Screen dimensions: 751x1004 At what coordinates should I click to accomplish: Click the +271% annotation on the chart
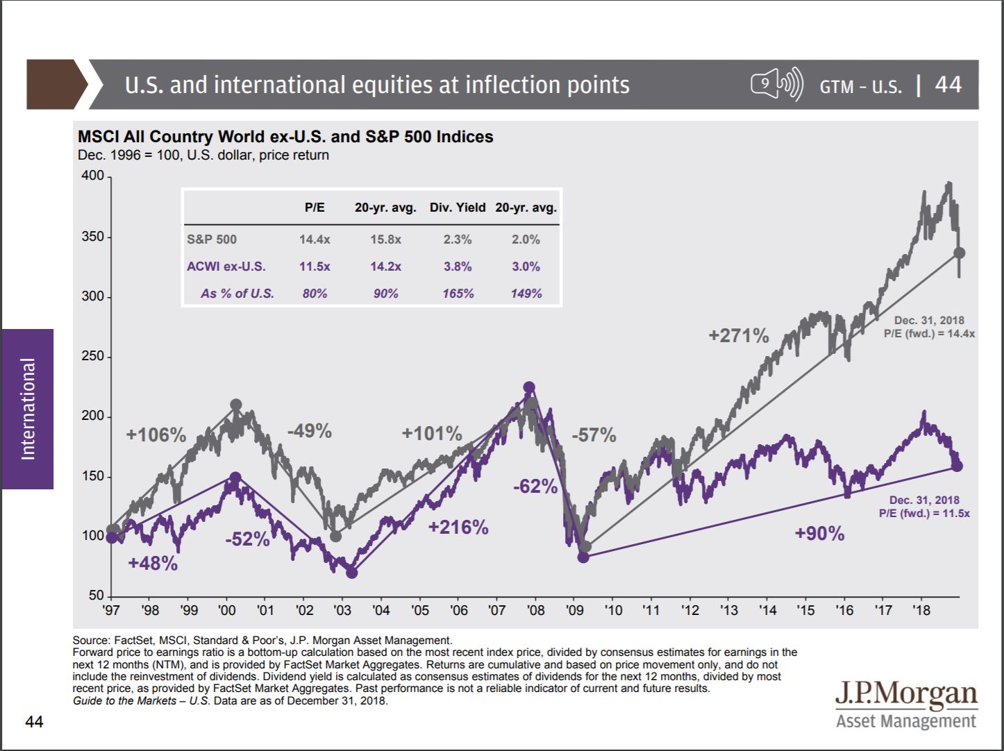pos(738,336)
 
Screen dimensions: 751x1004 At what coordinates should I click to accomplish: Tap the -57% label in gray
pos(594,435)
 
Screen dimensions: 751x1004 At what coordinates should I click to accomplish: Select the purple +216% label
pos(458,528)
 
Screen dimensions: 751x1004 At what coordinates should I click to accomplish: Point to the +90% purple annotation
pos(819,534)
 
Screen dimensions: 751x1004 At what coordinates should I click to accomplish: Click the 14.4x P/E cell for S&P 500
pos(315,239)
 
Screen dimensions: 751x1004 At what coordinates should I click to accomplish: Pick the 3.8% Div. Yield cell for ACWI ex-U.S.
pos(458,267)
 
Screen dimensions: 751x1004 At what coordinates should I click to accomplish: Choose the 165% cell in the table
pos(458,294)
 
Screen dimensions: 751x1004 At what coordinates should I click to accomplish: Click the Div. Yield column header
pos(458,208)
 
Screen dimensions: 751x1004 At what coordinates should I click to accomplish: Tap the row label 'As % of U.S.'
pos(237,294)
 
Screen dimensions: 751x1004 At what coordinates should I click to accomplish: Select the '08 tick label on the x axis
pos(535,611)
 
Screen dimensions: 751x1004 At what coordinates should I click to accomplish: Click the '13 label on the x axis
pos(728,611)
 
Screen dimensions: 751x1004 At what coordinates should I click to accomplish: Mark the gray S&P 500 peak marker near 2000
pos(236,405)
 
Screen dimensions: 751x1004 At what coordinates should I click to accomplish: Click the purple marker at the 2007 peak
pos(529,387)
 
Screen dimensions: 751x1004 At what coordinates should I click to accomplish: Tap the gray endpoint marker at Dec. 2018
pos(960,253)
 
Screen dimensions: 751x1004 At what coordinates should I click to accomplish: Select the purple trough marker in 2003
pos(351,573)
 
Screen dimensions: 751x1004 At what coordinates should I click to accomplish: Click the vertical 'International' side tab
pos(28,409)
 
